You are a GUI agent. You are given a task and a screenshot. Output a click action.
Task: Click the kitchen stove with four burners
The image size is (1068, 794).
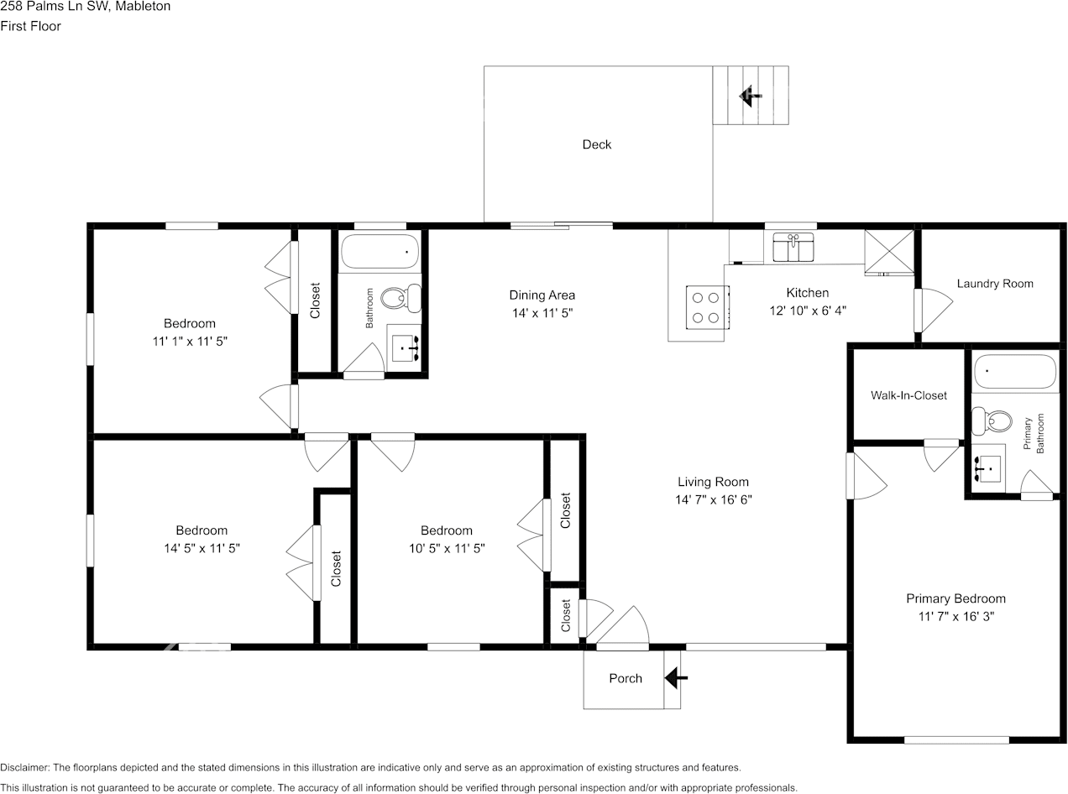click(707, 306)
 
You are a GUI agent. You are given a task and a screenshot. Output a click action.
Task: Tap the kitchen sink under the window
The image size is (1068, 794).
click(793, 248)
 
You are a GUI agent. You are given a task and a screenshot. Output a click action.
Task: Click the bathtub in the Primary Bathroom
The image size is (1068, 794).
click(1014, 372)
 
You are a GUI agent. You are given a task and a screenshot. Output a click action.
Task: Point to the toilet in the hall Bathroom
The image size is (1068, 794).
click(400, 298)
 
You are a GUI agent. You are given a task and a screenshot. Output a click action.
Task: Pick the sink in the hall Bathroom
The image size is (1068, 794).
click(406, 347)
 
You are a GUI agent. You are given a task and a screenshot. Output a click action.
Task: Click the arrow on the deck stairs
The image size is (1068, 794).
click(750, 96)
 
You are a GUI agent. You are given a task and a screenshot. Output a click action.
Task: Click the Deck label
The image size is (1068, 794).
click(597, 144)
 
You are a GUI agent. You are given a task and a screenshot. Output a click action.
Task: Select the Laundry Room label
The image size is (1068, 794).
click(995, 284)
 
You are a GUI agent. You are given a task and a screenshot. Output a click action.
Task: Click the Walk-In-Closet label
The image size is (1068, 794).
click(908, 395)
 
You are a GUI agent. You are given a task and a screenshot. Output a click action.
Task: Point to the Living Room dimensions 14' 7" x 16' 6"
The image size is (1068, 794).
click(713, 499)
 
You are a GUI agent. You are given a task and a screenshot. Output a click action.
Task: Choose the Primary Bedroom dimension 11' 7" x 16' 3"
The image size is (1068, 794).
click(955, 616)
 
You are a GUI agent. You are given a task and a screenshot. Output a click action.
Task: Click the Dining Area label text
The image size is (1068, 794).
click(542, 295)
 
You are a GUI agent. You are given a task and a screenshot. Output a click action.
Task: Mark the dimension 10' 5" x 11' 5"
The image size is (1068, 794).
click(446, 548)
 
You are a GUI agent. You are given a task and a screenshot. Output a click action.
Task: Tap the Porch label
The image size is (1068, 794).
click(626, 678)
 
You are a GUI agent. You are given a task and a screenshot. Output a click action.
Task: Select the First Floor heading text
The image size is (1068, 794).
click(30, 26)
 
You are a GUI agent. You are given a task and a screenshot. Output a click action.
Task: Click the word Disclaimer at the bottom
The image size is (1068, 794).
click(24, 768)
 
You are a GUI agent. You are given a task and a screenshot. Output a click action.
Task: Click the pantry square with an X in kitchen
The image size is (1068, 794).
click(889, 252)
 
